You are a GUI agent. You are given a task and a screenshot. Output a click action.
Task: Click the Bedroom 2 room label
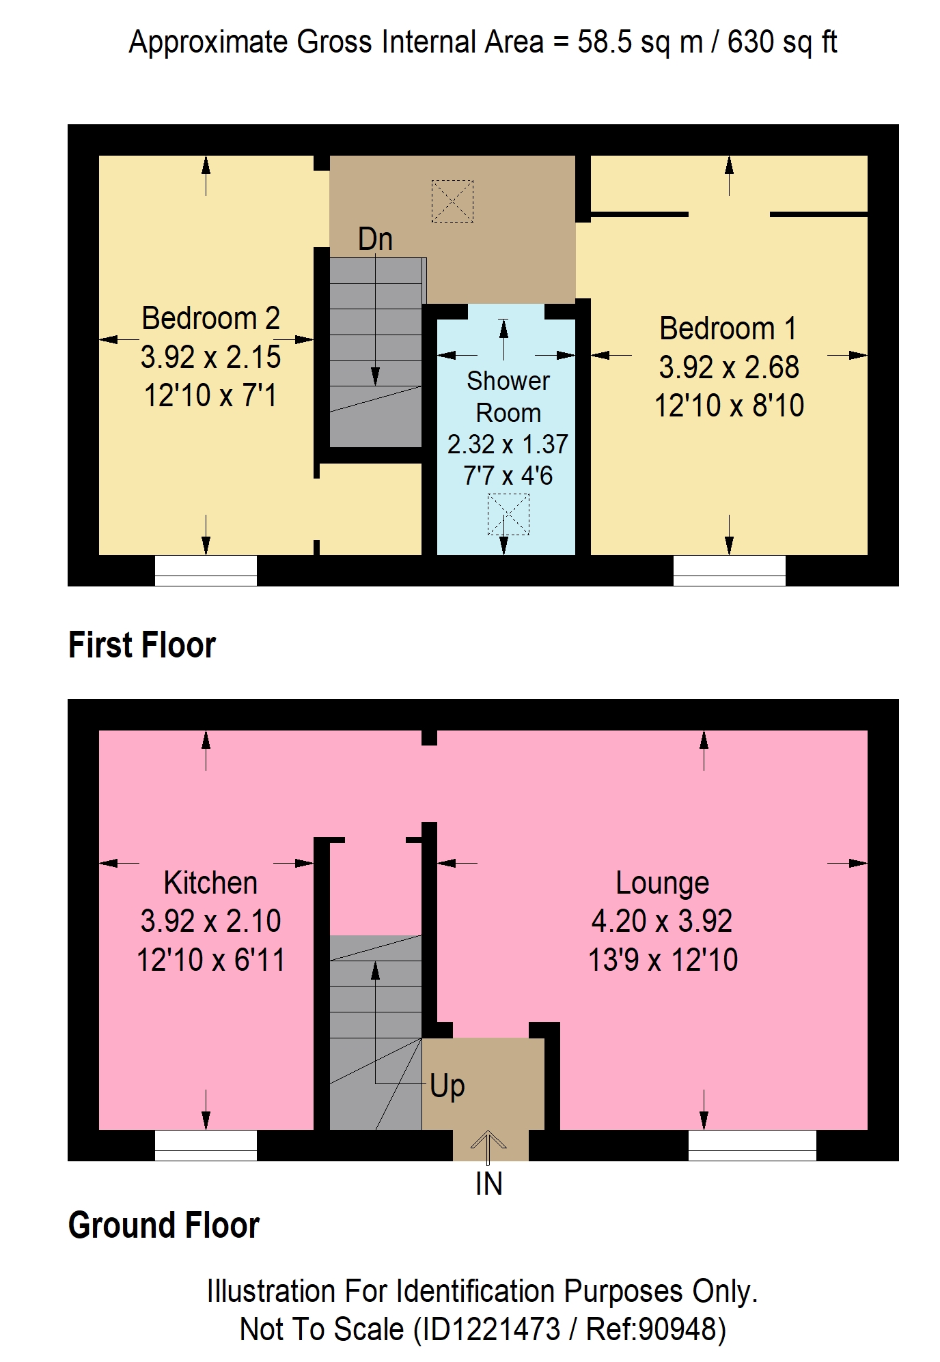point(210,318)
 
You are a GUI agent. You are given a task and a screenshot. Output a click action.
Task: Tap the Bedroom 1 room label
point(728,328)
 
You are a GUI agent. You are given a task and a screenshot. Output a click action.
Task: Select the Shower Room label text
point(508,397)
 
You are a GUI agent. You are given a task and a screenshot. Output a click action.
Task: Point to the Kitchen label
point(210,883)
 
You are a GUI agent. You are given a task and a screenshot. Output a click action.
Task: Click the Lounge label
point(662,883)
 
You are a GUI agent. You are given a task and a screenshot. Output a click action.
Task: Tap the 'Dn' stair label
point(375,239)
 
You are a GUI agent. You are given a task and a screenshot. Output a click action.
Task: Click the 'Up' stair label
point(447,1086)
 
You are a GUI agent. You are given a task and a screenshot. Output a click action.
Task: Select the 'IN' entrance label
point(488,1184)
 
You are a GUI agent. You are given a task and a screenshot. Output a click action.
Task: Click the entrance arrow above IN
point(488,1148)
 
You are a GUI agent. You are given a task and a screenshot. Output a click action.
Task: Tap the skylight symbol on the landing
point(452,201)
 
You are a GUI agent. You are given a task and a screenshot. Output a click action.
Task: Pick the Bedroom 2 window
point(206,571)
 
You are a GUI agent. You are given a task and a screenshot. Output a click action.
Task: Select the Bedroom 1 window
point(730,571)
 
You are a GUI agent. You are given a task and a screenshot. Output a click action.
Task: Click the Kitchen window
point(206,1146)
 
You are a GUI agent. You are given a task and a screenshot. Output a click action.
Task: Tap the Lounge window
point(752,1146)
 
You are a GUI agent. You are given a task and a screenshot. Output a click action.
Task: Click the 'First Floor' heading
point(142,645)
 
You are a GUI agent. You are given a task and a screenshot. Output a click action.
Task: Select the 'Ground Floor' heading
point(164,1225)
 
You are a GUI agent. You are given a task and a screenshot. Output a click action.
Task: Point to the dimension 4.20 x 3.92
point(662,921)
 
